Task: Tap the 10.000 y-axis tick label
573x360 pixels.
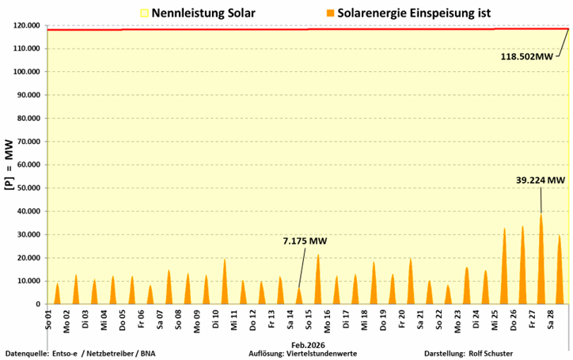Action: (x=28, y=281)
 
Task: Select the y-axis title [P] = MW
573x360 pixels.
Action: (x=8, y=165)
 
